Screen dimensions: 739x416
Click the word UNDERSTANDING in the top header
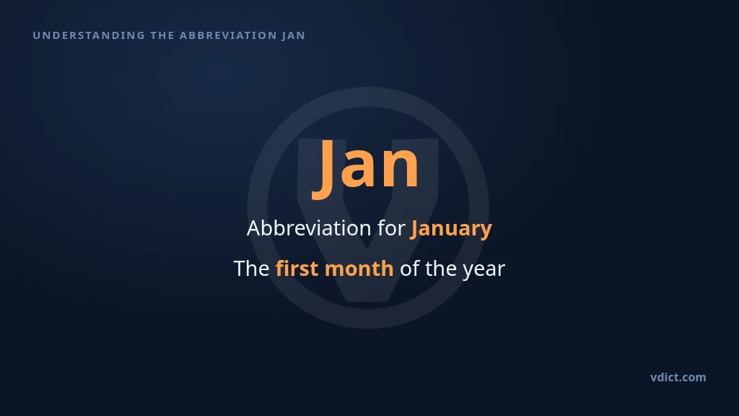tap(89, 35)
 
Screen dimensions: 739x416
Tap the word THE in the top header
tap(162, 35)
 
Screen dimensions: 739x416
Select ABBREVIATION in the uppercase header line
tap(228, 35)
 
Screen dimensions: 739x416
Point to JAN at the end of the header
tap(294, 35)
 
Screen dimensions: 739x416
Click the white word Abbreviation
tap(309, 228)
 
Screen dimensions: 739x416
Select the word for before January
tap(391, 228)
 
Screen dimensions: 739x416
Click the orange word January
tap(451, 230)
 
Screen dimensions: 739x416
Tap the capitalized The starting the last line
tap(251, 269)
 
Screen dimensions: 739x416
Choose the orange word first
tap(297, 269)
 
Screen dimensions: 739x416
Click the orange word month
tap(359, 269)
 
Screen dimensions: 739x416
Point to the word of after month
tap(410, 269)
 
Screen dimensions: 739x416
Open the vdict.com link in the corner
tap(678, 377)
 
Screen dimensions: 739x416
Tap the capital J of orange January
tap(414, 230)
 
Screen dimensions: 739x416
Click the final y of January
tap(486, 232)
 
